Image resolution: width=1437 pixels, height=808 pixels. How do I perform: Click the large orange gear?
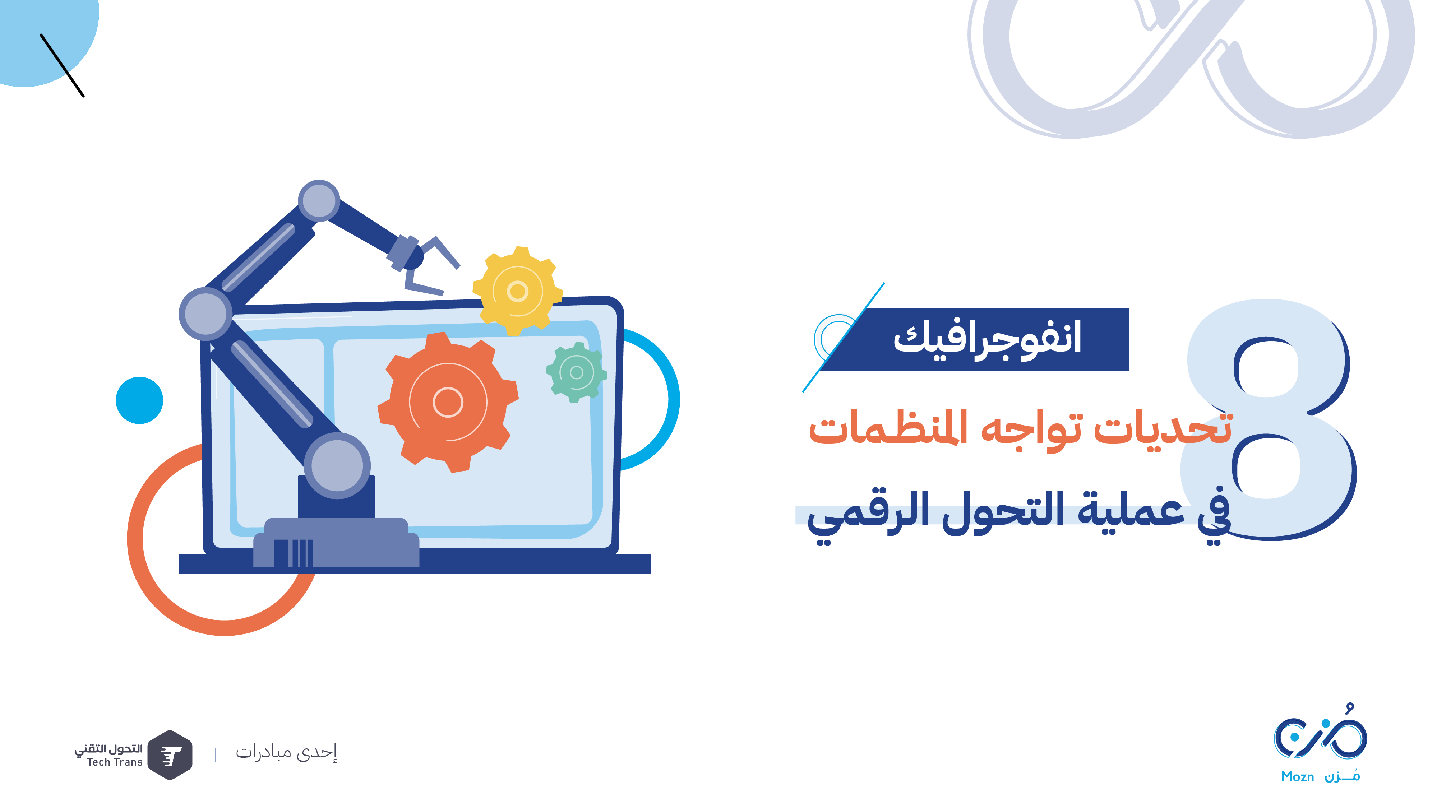[x=448, y=402]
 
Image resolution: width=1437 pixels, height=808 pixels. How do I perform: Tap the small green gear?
[x=576, y=372]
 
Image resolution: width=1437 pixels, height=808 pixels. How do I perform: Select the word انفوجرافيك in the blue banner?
[x=987, y=339]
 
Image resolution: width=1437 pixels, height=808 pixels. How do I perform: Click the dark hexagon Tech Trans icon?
[x=170, y=754]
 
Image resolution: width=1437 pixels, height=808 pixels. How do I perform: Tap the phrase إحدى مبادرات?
[x=286, y=752]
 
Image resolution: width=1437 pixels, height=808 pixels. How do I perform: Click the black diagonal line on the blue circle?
[x=62, y=65]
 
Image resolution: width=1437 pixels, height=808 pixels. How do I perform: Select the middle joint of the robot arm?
[x=206, y=314]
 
